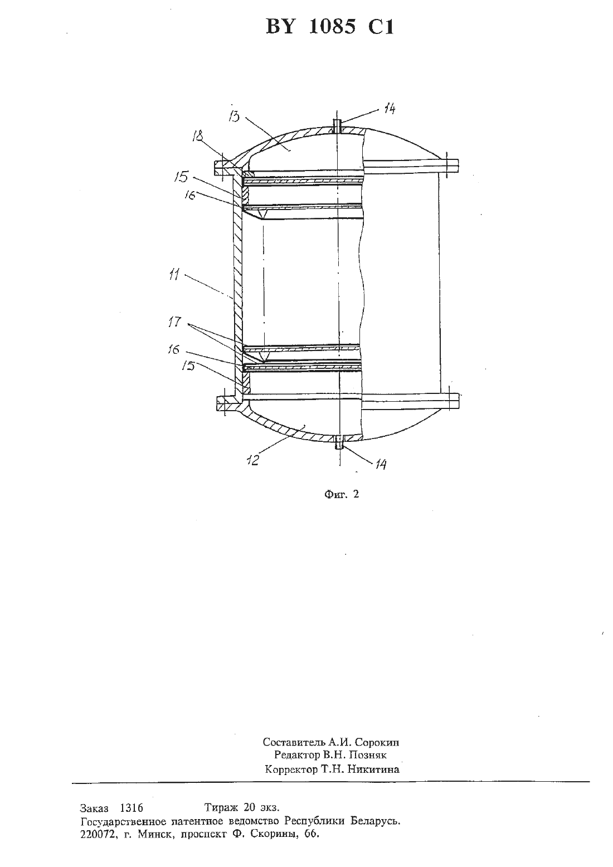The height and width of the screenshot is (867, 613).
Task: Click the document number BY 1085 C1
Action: coord(330,27)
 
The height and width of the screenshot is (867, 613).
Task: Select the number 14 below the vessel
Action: coord(380,464)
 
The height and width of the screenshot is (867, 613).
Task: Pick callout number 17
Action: coord(174,322)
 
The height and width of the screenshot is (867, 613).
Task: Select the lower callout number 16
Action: coord(174,349)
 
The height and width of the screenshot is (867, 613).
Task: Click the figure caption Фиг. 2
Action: coord(341,494)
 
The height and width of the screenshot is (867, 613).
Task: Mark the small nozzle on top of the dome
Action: coord(336,125)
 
